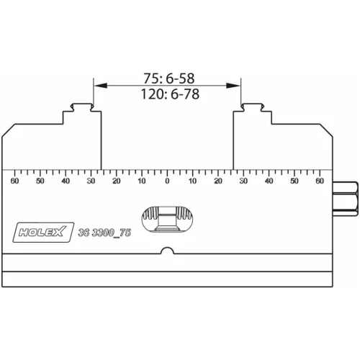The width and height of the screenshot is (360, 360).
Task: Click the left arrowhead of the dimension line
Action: click(x=98, y=86)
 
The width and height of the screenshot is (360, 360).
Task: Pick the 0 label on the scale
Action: click(x=167, y=181)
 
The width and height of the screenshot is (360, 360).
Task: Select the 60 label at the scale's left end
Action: click(x=15, y=181)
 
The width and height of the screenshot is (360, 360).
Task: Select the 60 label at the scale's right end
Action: click(x=320, y=181)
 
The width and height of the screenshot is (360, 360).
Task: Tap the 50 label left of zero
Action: click(x=40, y=181)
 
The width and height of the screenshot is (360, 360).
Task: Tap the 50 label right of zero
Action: click(x=294, y=181)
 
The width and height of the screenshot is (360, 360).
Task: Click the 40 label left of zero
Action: click(x=66, y=181)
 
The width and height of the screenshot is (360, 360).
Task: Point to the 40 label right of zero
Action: click(x=269, y=181)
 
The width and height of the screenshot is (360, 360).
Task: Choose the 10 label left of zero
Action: click(x=142, y=181)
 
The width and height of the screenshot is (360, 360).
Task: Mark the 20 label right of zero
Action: click(x=218, y=181)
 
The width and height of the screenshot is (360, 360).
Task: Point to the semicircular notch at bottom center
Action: click(x=167, y=251)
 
